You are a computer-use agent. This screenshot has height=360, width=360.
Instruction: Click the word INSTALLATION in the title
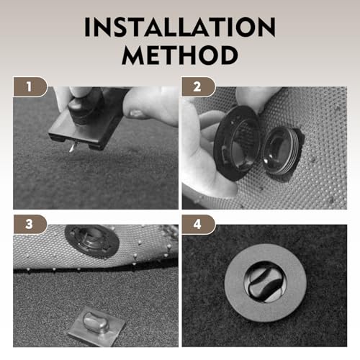pyautogui.click(x=180, y=27)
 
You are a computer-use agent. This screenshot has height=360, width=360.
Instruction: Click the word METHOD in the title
pyautogui.click(x=180, y=55)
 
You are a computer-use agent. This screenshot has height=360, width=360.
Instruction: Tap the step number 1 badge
pyautogui.click(x=30, y=86)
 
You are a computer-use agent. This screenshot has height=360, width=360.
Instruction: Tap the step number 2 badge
pyautogui.click(x=199, y=86)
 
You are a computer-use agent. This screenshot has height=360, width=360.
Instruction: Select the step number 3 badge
pyautogui.click(x=30, y=224)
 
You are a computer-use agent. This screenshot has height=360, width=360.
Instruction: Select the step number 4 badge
pyautogui.click(x=198, y=225)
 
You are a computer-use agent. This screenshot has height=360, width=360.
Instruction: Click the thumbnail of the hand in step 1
pyautogui.click(x=136, y=113)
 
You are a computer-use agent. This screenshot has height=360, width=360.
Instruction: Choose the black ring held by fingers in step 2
pyautogui.click(x=236, y=143)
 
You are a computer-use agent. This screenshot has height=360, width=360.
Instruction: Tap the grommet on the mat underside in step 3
pyautogui.click(x=92, y=241)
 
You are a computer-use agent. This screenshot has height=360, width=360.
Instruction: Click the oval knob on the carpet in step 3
pyautogui.click(x=95, y=322)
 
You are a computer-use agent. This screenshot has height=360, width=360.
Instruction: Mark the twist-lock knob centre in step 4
pyautogui.click(x=265, y=282)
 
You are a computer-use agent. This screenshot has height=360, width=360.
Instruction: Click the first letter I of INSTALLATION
pyautogui.click(x=87, y=27)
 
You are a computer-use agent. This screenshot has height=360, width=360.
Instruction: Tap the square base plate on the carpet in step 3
pyautogui.click(x=96, y=327)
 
